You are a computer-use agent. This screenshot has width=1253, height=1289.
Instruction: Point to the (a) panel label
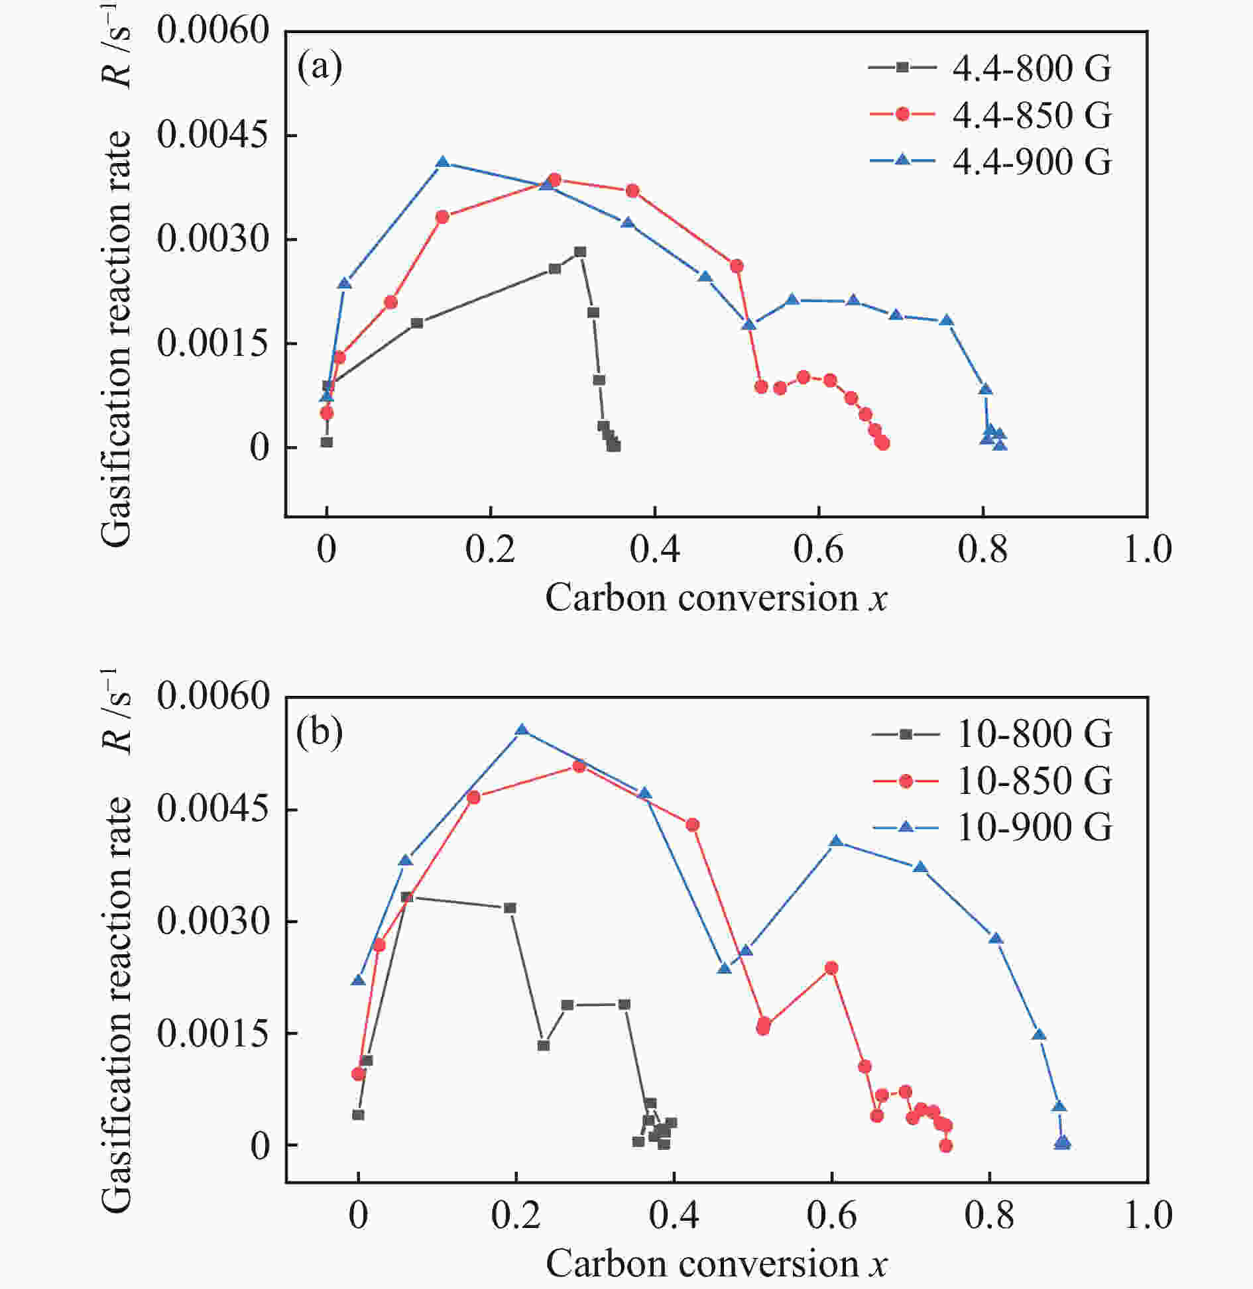pos(320,67)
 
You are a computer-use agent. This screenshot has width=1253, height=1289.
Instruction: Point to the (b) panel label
pos(320,732)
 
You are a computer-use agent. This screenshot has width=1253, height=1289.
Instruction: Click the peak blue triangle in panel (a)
pos(443,162)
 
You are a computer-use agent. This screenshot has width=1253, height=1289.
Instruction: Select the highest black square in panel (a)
pos(580,252)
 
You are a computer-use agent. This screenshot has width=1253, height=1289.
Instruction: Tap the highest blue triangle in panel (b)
pos(522,730)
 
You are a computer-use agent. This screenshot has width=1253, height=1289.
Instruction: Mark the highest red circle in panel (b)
pos(579,767)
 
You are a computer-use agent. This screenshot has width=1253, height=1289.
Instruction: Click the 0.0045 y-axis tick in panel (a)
pos(212,135)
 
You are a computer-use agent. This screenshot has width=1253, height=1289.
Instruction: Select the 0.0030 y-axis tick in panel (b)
pos(212,921)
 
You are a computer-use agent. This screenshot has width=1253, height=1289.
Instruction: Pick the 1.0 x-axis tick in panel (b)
pos(1148,1215)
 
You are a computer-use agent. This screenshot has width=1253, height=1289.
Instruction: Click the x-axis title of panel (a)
pos(716,598)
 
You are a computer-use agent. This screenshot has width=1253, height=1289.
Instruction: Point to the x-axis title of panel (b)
pos(716,1264)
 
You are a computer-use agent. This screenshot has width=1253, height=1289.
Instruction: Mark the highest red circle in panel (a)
pos(555,180)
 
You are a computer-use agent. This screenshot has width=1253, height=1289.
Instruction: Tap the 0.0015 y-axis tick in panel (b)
pos(212,1033)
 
